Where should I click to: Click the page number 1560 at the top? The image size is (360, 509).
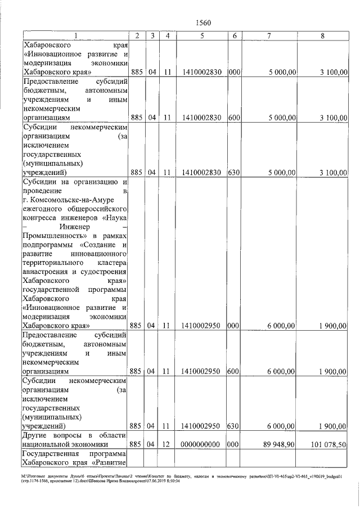pos(202,22)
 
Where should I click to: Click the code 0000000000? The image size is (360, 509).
pos(201,445)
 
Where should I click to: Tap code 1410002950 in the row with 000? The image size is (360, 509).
pos(201,326)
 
